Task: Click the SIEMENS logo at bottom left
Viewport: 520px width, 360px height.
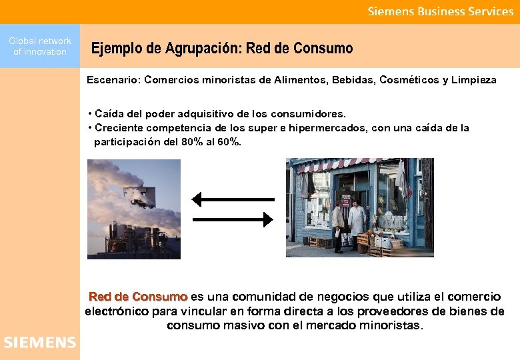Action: coord(40,343)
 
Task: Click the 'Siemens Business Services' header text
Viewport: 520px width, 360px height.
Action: coord(441,11)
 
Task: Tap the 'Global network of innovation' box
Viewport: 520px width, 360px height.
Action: coord(40,46)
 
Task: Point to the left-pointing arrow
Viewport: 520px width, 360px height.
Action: coord(233,199)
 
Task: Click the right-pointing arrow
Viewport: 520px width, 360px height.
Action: coord(233,219)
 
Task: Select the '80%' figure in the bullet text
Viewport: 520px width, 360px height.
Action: coord(194,141)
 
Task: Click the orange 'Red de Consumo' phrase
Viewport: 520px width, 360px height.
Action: coord(138,297)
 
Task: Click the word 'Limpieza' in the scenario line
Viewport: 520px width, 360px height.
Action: coord(474,80)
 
